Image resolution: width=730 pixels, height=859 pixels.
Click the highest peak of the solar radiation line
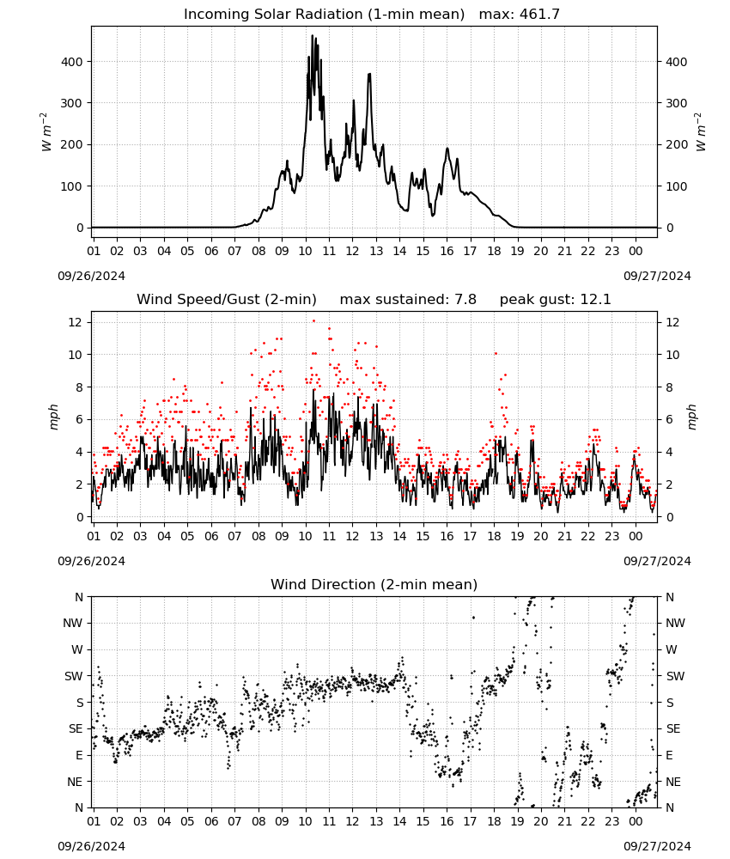(313, 36)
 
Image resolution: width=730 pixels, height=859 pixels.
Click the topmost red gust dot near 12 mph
(313, 321)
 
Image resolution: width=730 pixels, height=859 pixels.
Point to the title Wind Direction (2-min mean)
(374, 584)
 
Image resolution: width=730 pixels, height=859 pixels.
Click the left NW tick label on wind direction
(73, 623)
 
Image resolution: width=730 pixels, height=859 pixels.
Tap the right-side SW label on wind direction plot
(675, 676)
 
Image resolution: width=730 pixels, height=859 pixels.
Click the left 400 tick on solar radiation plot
(72, 62)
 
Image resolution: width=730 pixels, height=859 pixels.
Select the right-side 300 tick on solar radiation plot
(677, 103)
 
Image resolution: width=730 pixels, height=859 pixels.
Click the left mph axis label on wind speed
(53, 417)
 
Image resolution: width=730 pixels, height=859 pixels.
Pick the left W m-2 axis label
(46, 132)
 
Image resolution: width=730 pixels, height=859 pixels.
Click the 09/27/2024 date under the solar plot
(657, 276)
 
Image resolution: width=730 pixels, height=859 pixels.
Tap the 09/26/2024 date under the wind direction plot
(91, 846)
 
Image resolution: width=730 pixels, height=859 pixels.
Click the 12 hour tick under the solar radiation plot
(352, 251)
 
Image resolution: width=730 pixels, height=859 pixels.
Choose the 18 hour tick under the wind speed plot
(494, 536)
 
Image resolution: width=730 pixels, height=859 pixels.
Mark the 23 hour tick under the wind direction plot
(611, 821)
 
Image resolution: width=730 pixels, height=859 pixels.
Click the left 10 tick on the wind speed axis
(76, 355)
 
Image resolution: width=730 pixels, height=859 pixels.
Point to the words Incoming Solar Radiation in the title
(273, 14)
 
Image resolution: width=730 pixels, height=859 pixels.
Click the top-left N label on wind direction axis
(79, 597)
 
